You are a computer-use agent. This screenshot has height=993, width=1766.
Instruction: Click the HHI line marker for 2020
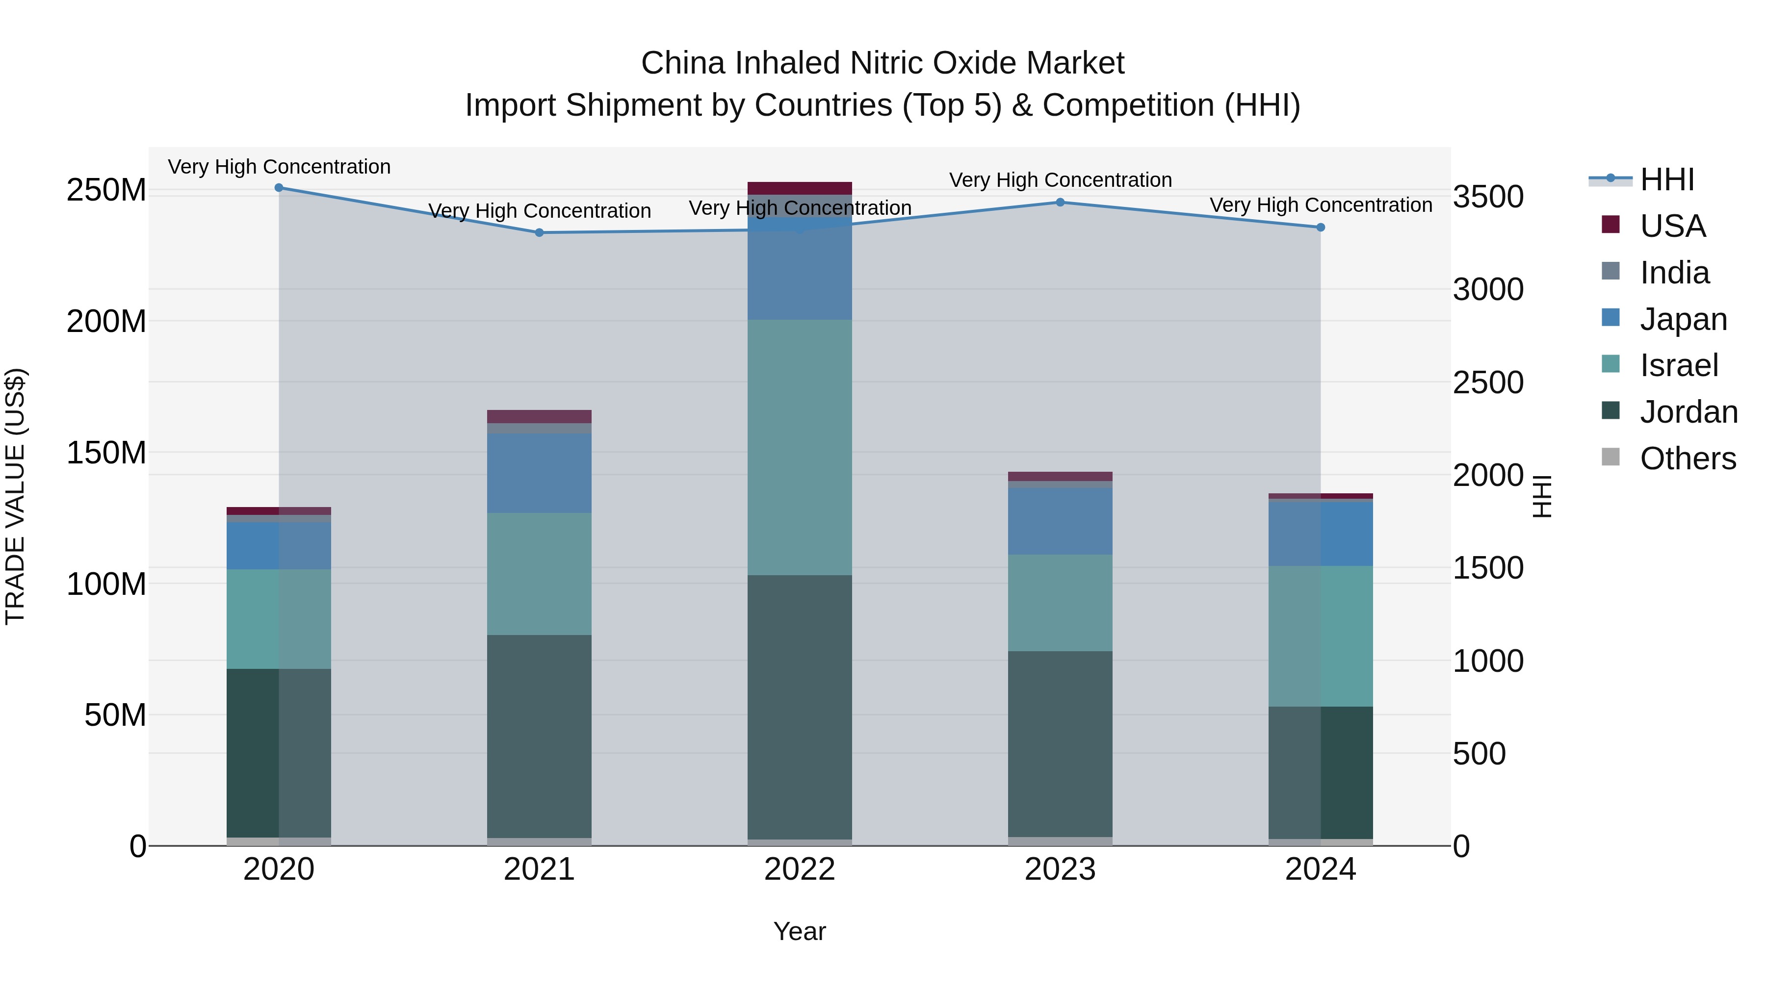pyautogui.click(x=279, y=188)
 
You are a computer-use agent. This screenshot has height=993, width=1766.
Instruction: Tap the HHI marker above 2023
pyautogui.click(x=1060, y=202)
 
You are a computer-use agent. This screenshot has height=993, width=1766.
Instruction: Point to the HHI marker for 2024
pyautogui.click(x=1321, y=228)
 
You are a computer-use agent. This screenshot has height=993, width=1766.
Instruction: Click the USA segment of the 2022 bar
pyautogui.click(x=800, y=188)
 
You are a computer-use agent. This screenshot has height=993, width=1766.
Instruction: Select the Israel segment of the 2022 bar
pyautogui.click(x=800, y=447)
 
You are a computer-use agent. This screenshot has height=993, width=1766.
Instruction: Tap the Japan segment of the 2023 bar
pyautogui.click(x=1060, y=521)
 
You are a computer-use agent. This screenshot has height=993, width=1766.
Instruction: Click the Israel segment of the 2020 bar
pyautogui.click(x=279, y=619)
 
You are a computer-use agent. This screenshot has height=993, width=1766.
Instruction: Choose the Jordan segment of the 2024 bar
pyautogui.click(x=1321, y=772)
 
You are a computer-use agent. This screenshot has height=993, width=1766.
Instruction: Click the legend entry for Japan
pyautogui.click(x=1683, y=319)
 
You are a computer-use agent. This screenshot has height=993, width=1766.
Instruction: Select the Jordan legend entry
pyautogui.click(x=1688, y=412)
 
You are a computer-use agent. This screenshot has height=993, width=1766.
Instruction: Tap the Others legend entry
pyautogui.click(x=1687, y=458)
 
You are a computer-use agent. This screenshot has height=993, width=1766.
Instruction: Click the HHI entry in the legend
pyautogui.click(x=1666, y=179)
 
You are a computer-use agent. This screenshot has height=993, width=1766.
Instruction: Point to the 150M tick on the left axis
pyautogui.click(x=106, y=453)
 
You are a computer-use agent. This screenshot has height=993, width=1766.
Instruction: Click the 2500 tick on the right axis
pyautogui.click(x=1488, y=382)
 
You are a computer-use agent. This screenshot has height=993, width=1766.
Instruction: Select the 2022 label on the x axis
pyautogui.click(x=800, y=869)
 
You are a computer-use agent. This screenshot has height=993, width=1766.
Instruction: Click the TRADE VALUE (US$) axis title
pyautogui.click(x=15, y=497)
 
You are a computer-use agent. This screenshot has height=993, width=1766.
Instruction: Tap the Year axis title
pyautogui.click(x=800, y=931)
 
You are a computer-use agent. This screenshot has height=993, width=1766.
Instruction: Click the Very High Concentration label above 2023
pyautogui.click(x=1060, y=180)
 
